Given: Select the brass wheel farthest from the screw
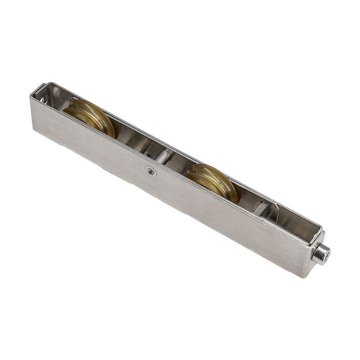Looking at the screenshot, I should pos(90,117).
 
